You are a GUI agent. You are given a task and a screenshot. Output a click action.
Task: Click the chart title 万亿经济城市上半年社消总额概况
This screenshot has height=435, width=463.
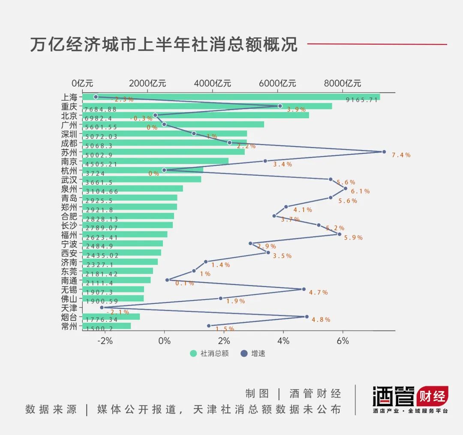(x=163, y=45)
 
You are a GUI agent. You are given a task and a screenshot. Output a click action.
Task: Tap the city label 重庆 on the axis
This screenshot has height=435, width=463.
(x=69, y=106)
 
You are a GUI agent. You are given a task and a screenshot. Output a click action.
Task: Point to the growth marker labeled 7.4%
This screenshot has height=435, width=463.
(x=384, y=152)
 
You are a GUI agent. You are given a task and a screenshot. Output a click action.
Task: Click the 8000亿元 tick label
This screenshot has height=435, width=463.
(x=343, y=83)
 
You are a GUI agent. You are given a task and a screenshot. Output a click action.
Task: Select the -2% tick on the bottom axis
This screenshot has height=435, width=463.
(x=105, y=341)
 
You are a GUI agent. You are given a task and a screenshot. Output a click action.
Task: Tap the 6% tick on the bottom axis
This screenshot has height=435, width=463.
(x=343, y=341)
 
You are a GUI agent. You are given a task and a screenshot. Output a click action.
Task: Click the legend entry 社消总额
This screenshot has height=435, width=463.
(x=210, y=354)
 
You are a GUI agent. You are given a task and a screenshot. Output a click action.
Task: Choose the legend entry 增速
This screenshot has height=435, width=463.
(x=253, y=354)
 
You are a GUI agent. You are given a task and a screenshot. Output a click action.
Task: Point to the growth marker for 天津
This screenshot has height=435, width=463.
(x=102, y=307)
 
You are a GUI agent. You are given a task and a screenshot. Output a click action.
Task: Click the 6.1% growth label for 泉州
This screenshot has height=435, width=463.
(x=360, y=192)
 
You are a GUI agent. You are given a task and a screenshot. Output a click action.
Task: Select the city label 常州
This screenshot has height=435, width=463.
(x=69, y=326)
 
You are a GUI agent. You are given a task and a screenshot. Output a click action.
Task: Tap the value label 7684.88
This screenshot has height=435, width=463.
(x=101, y=109)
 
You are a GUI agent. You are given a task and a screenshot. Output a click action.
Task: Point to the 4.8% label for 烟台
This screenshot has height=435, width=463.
(x=321, y=320)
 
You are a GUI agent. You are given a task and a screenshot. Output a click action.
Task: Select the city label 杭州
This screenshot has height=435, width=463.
(x=69, y=170)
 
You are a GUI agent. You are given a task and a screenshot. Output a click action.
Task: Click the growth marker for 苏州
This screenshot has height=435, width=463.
(x=384, y=152)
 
